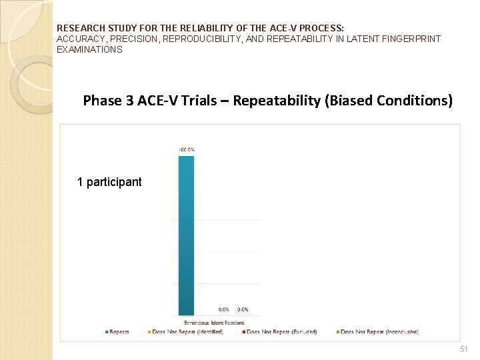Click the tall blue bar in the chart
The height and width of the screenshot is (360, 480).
pyautogui.click(x=187, y=233)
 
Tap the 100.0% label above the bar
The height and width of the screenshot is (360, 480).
pyautogui.click(x=187, y=150)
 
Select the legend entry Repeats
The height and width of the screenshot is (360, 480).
pyautogui.click(x=118, y=332)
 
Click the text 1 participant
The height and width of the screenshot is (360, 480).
pyautogui.click(x=109, y=182)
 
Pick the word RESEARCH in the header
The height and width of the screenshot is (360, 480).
pyautogui.click(x=77, y=29)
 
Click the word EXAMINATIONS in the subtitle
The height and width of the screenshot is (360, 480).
pyautogui.click(x=89, y=49)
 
